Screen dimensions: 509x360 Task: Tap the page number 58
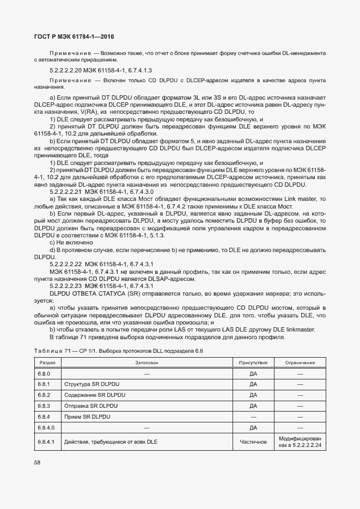37,462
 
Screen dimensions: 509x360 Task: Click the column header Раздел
45,362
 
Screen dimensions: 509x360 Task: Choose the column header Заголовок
146,362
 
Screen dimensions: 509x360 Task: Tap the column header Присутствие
253,362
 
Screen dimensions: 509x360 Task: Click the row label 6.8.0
44,373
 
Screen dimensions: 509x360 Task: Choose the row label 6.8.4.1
46,441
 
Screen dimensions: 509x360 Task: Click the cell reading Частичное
253,441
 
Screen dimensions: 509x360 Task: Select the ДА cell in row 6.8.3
253,406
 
